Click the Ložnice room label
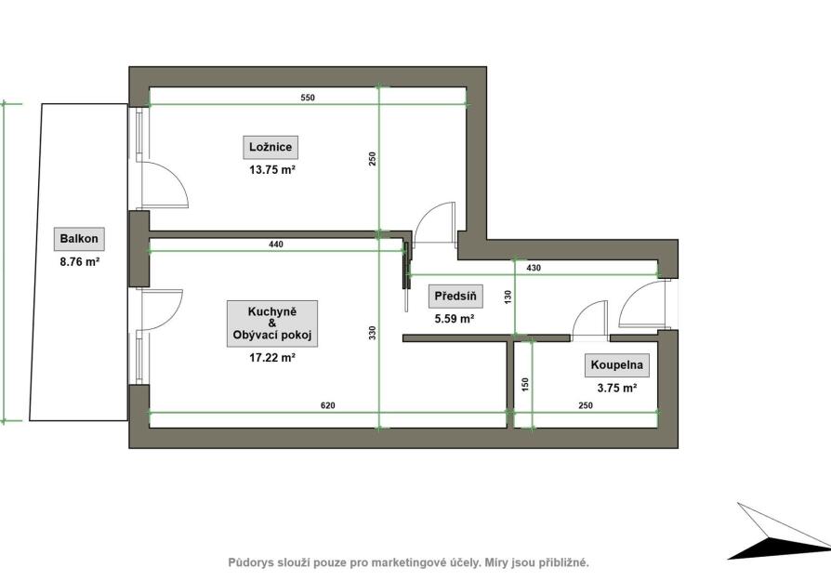pos(270,148)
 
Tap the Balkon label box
pos(79,239)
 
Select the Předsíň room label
pos(455,297)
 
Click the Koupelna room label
pos(617,364)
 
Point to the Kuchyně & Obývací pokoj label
pos(272,324)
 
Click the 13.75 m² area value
pos(271,170)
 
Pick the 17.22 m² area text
pos(271,358)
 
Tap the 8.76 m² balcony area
pos(80,262)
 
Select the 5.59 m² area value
pos(455,319)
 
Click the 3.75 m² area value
pos(617,388)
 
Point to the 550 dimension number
pos(308,98)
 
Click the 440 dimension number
pos(276,244)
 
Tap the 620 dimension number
pos(328,406)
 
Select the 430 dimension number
pos(534,269)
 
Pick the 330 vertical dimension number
pos(372,333)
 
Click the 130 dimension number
pos(508,297)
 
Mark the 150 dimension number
pos(525,384)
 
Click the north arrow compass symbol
pos(779,531)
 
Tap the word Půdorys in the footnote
pos(251,563)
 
